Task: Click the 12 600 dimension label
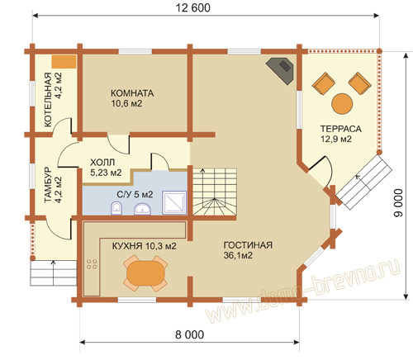coord(192,7)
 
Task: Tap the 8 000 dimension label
coord(190,334)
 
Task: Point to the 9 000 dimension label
coord(398,203)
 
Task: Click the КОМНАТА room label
coord(132,93)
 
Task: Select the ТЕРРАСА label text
coord(340,129)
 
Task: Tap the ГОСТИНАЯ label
coord(248,245)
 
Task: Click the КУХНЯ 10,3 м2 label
coord(144,246)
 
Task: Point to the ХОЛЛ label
coord(102,162)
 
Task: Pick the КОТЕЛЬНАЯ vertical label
coord(48,100)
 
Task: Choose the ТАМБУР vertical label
coord(48,185)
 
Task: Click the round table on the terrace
coord(342,104)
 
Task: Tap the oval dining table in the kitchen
coord(145,273)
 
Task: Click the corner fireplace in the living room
coord(281,70)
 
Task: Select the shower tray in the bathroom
coord(174,202)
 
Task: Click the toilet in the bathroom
coord(116,208)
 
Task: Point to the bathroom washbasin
coord(142,209)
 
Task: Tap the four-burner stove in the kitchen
coord(92,264)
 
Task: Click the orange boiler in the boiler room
coord(64,62)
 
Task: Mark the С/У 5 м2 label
coord(135,195)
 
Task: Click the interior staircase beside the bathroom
coord(215,192)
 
